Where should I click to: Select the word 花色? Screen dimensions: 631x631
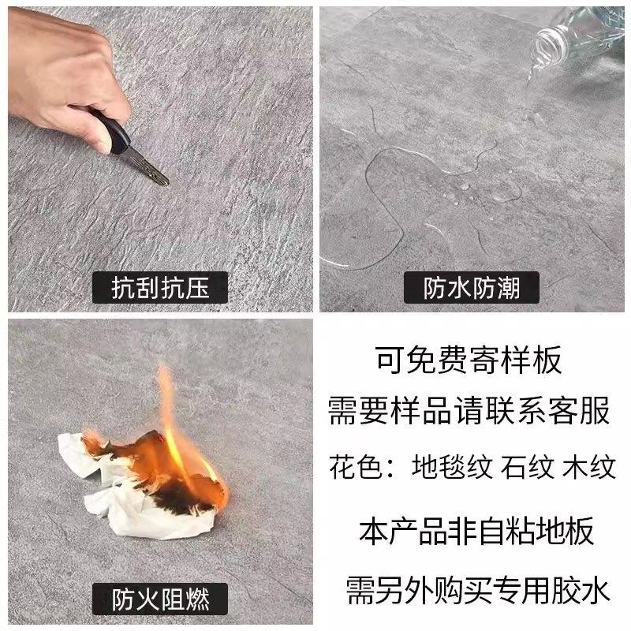(x=352, y=468)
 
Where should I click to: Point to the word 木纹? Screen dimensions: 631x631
(x=588, y=468)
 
